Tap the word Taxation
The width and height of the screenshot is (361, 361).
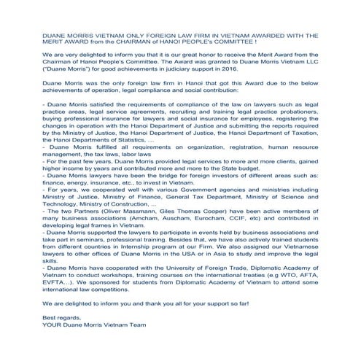[x=305, y=155]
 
